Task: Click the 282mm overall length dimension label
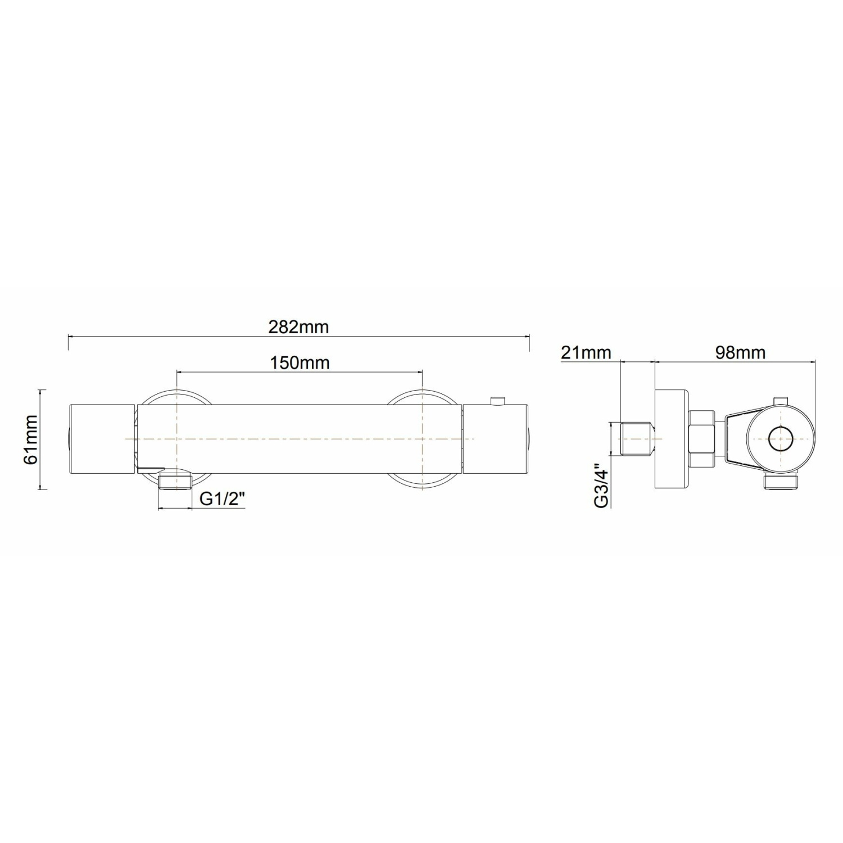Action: coord(298,327)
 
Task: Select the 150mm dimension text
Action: coord(300,362)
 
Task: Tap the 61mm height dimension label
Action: coord(30,439)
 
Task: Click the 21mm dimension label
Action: coord(586,352)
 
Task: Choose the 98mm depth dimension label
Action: coord(740,352)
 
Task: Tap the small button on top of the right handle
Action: coord(497,400)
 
